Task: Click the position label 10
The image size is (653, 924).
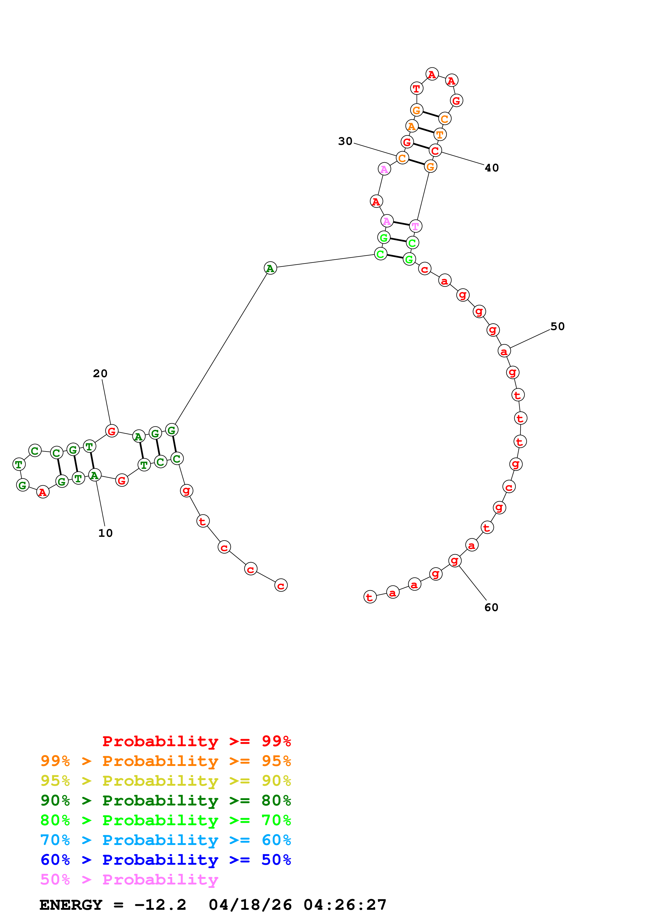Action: click(105, 533)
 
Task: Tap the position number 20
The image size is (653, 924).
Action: click(100, 373)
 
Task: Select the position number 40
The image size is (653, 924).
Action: click(492, 168)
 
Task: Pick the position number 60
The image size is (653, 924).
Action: click(491, 607)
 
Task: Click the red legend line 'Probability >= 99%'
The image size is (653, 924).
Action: click(196, 741)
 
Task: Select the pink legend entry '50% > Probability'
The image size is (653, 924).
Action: click(129, 879)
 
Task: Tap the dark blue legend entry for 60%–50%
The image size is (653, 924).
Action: click(165, 860)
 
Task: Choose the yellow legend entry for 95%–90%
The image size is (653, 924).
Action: click(165, 781)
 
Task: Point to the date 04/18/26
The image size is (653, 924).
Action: click(250, 905)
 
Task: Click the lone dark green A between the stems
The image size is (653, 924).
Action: click(270, 268)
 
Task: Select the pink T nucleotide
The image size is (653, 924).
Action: click(415, 226)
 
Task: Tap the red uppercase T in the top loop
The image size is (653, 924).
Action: click(416, 88)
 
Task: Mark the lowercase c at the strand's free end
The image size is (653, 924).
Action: click(281, 586)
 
